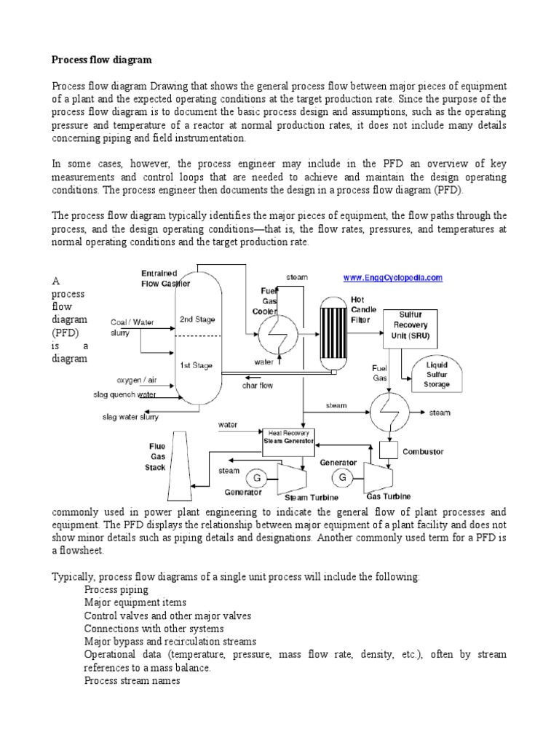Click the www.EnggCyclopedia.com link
(x=392, y=277)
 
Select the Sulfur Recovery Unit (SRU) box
(x=414, y=326)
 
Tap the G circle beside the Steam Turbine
(x=255, y=478)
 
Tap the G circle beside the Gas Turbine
(x=343, y=478)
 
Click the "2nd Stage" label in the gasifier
(x=197, y=319)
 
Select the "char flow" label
(x=258, y=386)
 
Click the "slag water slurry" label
(x=131, y=416)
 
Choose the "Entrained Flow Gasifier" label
(x=165, y=279)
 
